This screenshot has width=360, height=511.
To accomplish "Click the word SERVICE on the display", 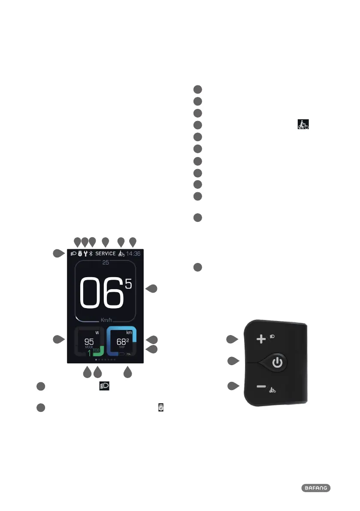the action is [105, 254].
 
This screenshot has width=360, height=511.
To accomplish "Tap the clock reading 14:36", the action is [134, 254].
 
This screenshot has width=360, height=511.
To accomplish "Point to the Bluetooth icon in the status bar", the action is [91, 254].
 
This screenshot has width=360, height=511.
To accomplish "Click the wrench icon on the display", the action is [85, 254].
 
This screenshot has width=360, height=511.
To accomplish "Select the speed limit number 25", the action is [105, 263].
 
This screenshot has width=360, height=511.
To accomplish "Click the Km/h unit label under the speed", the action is [105, 320].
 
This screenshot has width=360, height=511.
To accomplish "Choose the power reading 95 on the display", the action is [89, 342].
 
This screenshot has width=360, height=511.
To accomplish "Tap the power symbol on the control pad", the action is [278, 363].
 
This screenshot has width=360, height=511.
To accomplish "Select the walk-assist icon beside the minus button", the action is [272, 390].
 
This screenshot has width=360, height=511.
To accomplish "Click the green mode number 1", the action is [89, 353].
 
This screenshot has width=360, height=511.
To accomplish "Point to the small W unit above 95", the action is [97, 333].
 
